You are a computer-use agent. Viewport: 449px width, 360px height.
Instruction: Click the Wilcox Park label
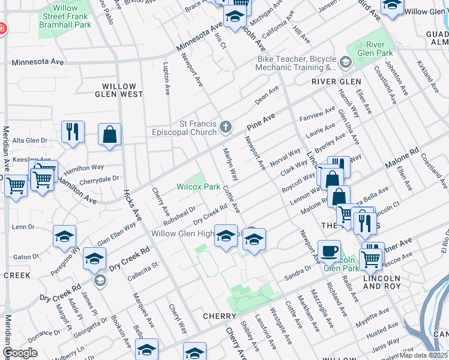(x=198, y=187)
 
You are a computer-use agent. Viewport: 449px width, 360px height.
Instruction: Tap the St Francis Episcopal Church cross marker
(x=226, y=126)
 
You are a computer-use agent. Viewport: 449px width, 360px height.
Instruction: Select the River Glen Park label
(x=375, y=49)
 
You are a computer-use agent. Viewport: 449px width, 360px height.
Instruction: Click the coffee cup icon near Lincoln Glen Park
(x=328, y=251)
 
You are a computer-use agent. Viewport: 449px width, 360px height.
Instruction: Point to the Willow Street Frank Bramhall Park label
(x=65, y=16)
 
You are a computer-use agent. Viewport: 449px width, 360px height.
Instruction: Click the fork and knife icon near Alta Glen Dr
(x=73, y=133)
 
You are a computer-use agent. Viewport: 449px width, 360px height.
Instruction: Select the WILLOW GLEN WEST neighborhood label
(x=122, y=94)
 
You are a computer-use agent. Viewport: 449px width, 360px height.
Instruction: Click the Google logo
(x=20, y=353)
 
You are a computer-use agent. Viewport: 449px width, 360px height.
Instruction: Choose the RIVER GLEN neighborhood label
(x=336, y=82)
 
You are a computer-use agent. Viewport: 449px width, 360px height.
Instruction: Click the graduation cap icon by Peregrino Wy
(x=64, y=237)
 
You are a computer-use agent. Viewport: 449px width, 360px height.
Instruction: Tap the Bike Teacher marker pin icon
(x=345, y=62)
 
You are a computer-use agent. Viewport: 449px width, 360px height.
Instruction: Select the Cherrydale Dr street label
(x=100, y=179)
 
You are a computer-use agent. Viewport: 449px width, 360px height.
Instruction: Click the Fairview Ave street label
(x=318, y=113)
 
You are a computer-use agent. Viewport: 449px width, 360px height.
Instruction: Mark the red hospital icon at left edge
(x=2, y=28)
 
